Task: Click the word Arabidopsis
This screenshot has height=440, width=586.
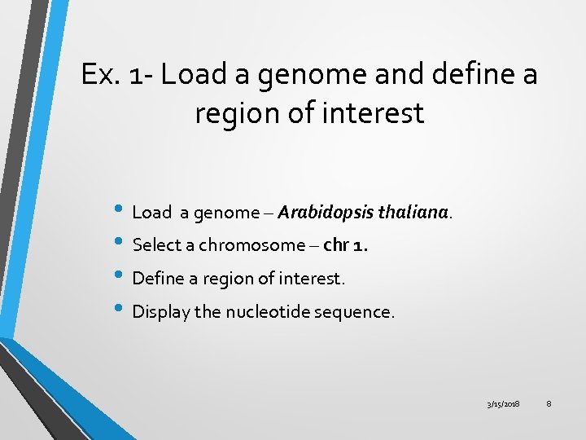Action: [320, 213]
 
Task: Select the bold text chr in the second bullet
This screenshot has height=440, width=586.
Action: [335, 245]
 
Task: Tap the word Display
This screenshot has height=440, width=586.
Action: [157, 311]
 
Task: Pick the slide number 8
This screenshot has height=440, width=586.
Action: [549, 405]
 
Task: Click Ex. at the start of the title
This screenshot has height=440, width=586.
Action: [100, 75]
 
